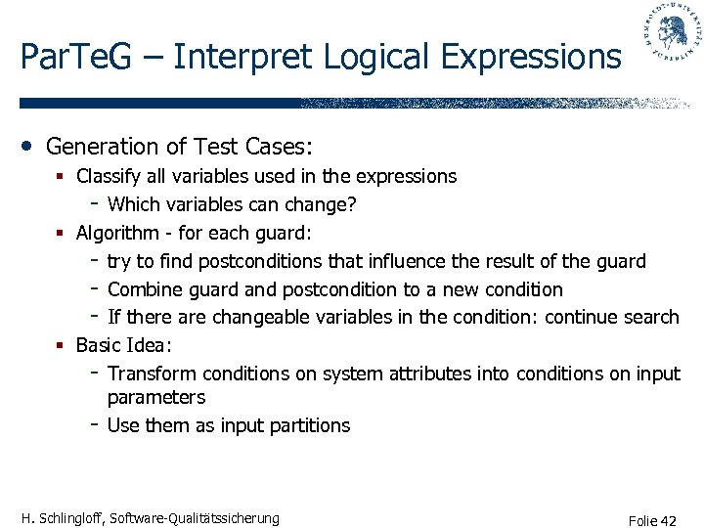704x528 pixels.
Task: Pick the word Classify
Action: click(x=106, y=177)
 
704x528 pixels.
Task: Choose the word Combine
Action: click(x=144, y=289)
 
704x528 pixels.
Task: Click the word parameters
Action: click(x=155, y=397)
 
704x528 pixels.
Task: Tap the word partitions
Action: click(x=307, y=425)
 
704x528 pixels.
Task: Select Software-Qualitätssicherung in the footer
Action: click(x=197, y=518)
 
